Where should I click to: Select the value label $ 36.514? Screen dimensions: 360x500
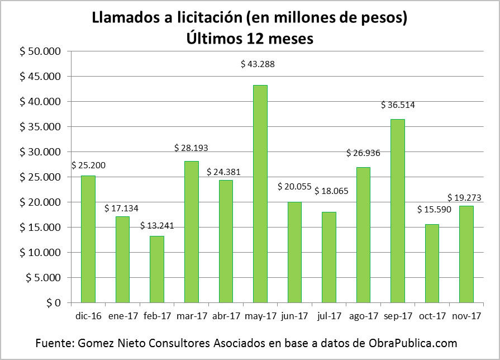tap(398, 105)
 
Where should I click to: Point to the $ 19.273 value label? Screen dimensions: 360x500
tap(465, 198)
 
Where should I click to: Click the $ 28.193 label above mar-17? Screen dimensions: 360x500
tap(191, 148)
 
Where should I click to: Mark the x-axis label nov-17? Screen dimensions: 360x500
tap(466, 316)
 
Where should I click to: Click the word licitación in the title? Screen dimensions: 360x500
tap(206, 18)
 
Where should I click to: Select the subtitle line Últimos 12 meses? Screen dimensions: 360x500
tap(250, 39)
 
